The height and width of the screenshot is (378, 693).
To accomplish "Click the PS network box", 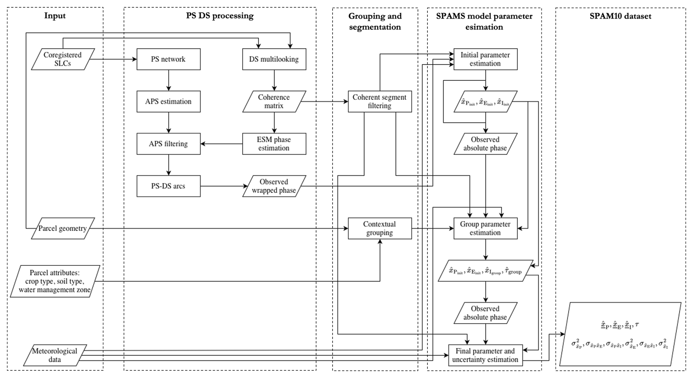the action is pos(168,59).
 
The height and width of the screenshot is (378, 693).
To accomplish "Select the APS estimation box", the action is pos(168,102).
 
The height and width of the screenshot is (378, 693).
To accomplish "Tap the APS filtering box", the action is pos(168,144).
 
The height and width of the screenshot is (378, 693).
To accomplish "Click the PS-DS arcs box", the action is pos(168,186).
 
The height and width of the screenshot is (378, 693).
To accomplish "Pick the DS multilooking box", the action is pos(274,59).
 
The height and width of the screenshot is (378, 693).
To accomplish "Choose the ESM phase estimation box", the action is pos(274,144).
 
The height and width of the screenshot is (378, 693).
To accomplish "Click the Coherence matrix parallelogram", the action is pos(274,102).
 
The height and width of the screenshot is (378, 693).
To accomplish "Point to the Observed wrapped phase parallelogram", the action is pos(274,186).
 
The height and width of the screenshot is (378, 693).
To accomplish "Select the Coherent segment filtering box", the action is pos(380,102).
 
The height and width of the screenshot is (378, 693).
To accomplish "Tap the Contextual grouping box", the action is pos(380,228).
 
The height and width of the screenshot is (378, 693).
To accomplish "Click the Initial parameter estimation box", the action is pos(486,59).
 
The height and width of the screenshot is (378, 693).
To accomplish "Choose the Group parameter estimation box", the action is pos(486,228).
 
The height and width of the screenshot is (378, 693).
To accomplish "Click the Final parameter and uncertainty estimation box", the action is pos(486,355).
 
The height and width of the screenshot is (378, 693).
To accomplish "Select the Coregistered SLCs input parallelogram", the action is pos(63,59).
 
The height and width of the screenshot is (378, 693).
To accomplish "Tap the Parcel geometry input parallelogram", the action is pos(63,228).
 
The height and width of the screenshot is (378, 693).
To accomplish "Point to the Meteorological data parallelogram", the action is pos(55,355).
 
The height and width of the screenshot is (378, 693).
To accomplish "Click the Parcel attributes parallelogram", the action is pos(55,281).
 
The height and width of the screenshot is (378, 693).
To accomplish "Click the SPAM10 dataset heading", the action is pos(620,16).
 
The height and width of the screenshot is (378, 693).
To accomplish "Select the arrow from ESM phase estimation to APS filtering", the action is pos(222,144).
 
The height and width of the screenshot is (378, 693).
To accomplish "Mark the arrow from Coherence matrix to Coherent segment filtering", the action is pos(325,102).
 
